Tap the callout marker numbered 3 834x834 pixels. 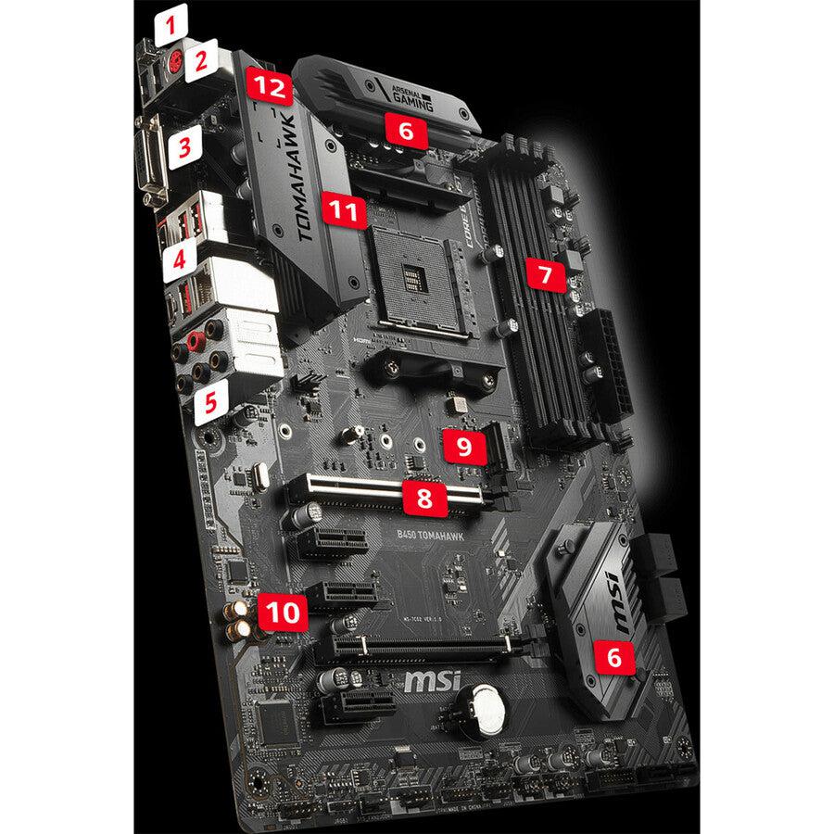click(185, 145)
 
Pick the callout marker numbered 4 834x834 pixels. click(181, 260)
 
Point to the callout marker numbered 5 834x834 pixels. click(212, 400)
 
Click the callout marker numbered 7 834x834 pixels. click(546, 273)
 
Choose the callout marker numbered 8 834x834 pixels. click(424, 499)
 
